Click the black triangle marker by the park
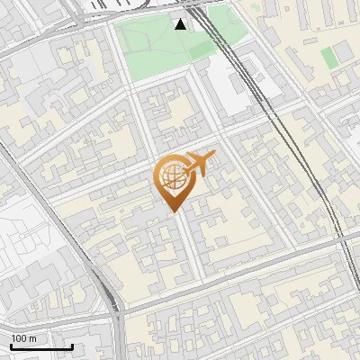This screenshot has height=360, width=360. [x=181, y=23]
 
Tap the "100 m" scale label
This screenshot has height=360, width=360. [x=23, y=338]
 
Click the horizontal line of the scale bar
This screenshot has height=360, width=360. [x=41, y=346]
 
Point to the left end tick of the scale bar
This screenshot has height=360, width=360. [x=11, y=345]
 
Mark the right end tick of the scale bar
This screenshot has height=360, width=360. [x=72, y=345]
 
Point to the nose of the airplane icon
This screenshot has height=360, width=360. [x=214, y=155]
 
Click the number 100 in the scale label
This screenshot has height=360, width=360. [x=19, y=338]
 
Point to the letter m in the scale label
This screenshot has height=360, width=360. [x=32, y=339]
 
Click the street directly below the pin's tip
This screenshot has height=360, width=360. [x=180, y=243]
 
